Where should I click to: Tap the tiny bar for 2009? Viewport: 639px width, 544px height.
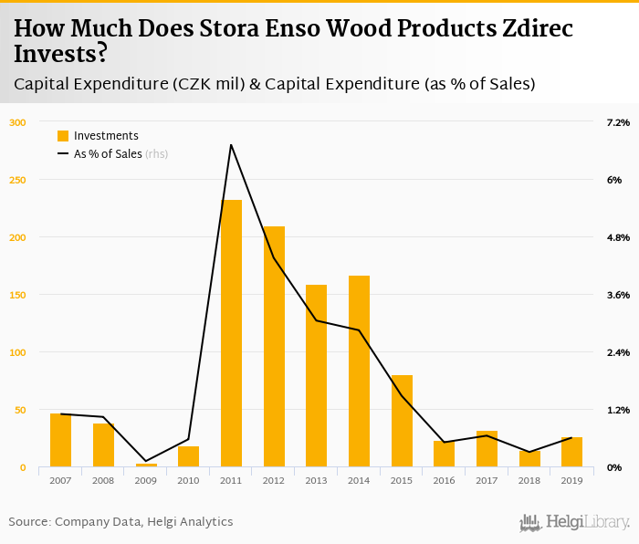coord(146,465)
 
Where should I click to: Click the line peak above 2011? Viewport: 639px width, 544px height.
coord(231,144)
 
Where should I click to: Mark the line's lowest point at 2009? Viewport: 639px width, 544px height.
coord(146,461)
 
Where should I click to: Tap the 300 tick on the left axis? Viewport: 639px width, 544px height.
coord(18,122)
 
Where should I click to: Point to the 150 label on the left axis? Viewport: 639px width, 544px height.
coord(18,295)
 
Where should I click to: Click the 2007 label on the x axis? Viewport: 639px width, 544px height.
coord(60,480)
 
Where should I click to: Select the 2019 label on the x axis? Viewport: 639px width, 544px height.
coord(571,480)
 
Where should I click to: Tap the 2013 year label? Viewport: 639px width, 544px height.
coord(316,480)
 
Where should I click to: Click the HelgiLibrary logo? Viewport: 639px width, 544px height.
coord(574,522)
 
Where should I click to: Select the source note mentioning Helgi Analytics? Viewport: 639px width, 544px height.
coord(120,522)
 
